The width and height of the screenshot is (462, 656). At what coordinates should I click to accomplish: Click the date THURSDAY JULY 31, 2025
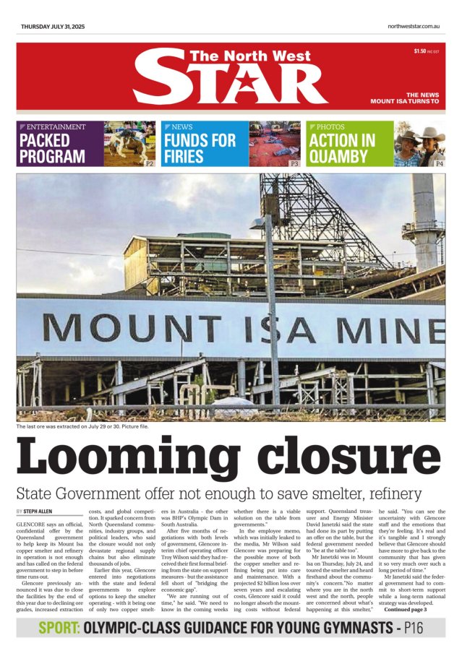(53, 26)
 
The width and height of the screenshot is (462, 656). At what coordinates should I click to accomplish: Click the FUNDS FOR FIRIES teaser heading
(200, 149)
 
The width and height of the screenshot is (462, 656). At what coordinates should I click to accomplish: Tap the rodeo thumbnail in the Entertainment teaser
(129, 143)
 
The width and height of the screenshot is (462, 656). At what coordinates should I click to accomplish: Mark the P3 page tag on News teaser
(294, 164)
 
